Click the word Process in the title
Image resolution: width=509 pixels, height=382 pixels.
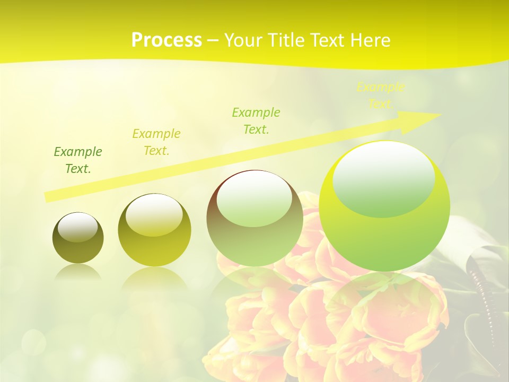(166, 40)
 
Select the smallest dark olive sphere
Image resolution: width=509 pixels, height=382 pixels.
(78, 238)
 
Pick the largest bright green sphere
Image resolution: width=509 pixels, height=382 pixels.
(384, 206)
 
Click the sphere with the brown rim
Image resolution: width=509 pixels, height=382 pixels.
(254, 218)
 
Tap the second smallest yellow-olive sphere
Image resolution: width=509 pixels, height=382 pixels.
(154, 230)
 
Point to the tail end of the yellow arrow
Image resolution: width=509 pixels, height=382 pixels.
(49, 197)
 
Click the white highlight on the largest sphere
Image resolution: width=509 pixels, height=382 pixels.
(383, 178)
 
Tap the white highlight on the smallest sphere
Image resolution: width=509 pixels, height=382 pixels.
(78, 227)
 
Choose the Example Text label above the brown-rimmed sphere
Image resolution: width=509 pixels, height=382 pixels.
(256, 120)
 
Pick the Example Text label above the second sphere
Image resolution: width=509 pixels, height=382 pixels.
(156, 142)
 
